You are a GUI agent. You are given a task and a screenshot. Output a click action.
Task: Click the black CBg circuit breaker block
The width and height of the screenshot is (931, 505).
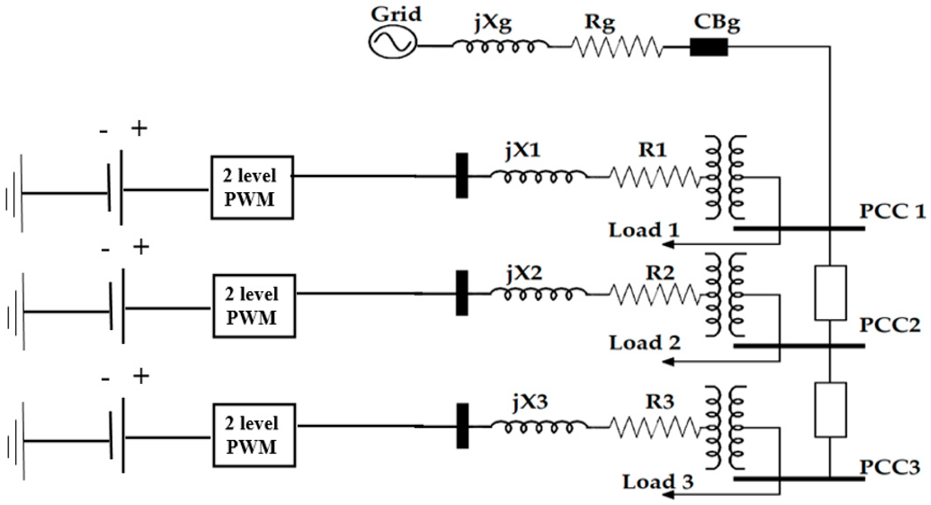tap(708, 47)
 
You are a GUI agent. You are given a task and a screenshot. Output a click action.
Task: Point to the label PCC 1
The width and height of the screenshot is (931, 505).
tap(892, 211)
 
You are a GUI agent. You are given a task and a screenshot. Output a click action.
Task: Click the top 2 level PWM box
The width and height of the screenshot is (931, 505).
tap(252, 187)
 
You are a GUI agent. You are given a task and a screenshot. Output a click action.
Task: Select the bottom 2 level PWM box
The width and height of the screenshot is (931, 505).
tap(254, 435)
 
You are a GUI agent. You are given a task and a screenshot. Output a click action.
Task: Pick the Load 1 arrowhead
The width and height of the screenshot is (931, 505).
tap(669, 245)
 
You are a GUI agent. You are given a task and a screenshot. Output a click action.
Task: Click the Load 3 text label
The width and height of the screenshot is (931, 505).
tap(658, 482)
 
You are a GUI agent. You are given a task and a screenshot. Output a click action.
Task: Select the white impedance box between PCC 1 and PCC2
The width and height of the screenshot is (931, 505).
tap(830, 293)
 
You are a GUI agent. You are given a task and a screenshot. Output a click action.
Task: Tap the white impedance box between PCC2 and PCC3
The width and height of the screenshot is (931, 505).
tap(830, 410)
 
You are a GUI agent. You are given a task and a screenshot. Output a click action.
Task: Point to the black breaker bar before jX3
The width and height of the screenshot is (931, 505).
tap(462, 426)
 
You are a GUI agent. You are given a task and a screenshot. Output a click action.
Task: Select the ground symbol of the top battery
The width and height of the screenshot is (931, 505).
tap(15, 193)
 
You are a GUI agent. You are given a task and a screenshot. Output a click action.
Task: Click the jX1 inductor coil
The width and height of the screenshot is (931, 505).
tap(538, 177)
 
